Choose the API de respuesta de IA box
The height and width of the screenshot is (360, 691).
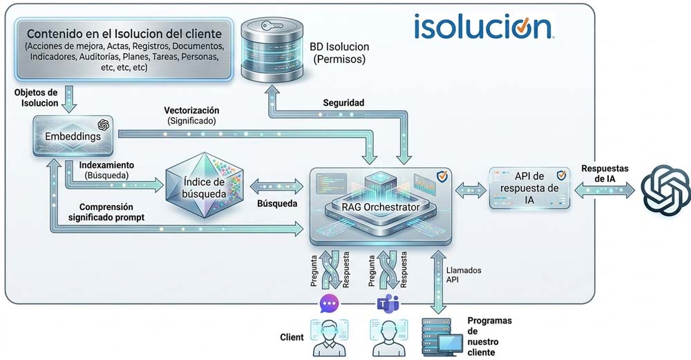[529, 187]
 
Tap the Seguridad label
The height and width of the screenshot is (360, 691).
[343, 103]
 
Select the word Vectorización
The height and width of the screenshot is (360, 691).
[191, 111]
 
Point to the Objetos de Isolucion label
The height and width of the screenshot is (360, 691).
[35, 97]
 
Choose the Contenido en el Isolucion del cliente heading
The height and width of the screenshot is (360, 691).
[124, 33]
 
